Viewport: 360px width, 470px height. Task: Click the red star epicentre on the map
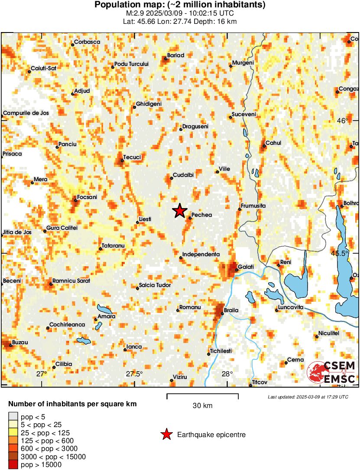point(179,211)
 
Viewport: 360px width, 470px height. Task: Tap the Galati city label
point(246,267)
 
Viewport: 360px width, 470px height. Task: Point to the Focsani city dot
point(75,200)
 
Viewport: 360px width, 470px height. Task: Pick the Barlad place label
point(176,55)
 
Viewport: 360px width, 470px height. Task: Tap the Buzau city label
point(20,342)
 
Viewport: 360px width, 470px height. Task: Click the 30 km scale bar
point(203,395)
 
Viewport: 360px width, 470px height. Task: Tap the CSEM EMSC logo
point(331,372)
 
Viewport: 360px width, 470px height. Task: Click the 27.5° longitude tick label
point(134,374)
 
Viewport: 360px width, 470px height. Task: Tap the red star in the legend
point(166,434)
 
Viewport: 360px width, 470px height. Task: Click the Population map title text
point(180,5)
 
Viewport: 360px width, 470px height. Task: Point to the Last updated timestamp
point(308,397)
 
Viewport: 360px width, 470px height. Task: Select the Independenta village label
point(201,254)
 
